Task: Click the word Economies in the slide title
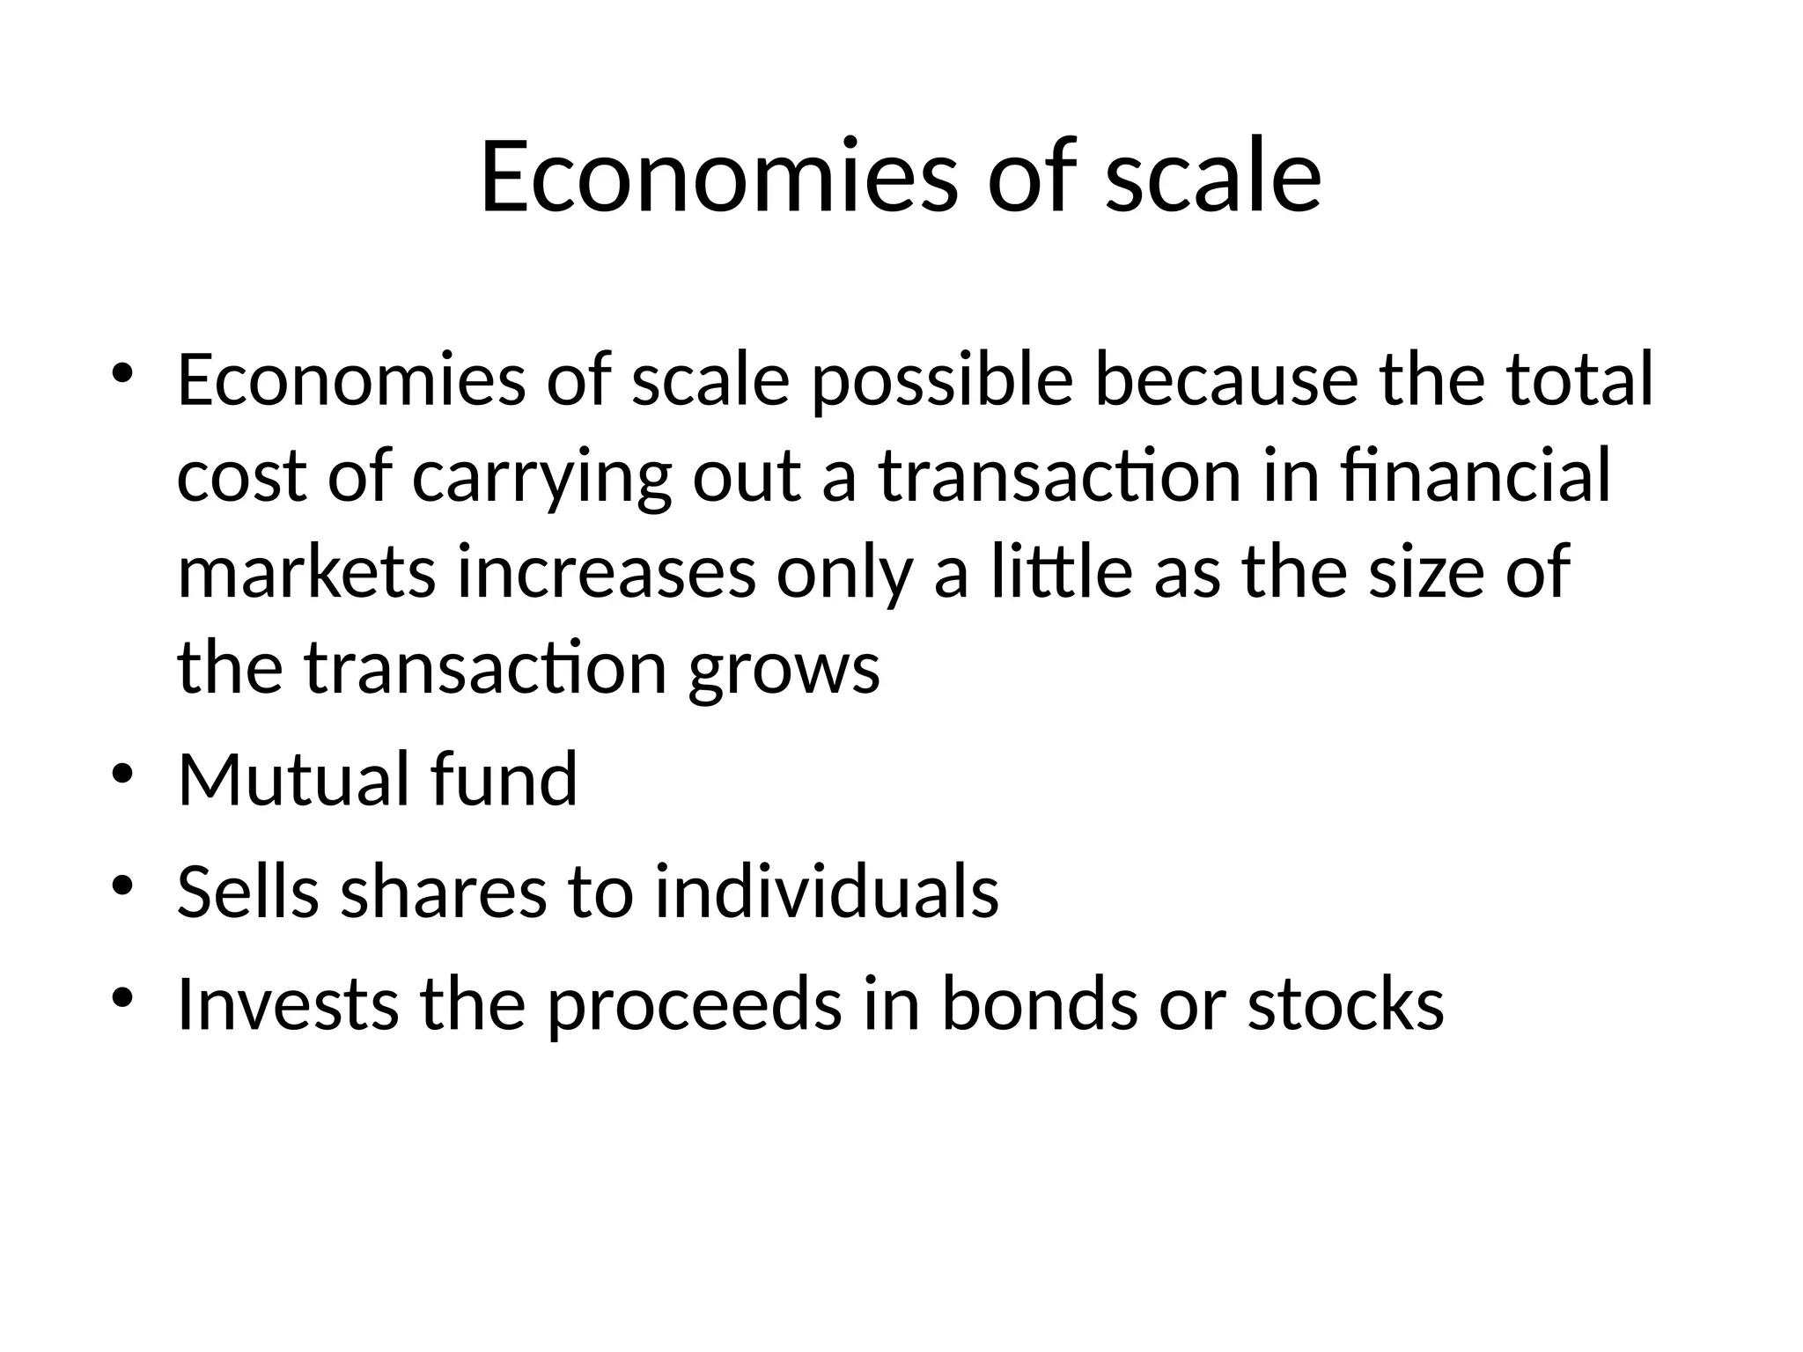(x=718, y=176)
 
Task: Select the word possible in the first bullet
(x=942, y=382)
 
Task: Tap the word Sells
(x=247, y=892)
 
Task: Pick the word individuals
(x=827, y=892)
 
